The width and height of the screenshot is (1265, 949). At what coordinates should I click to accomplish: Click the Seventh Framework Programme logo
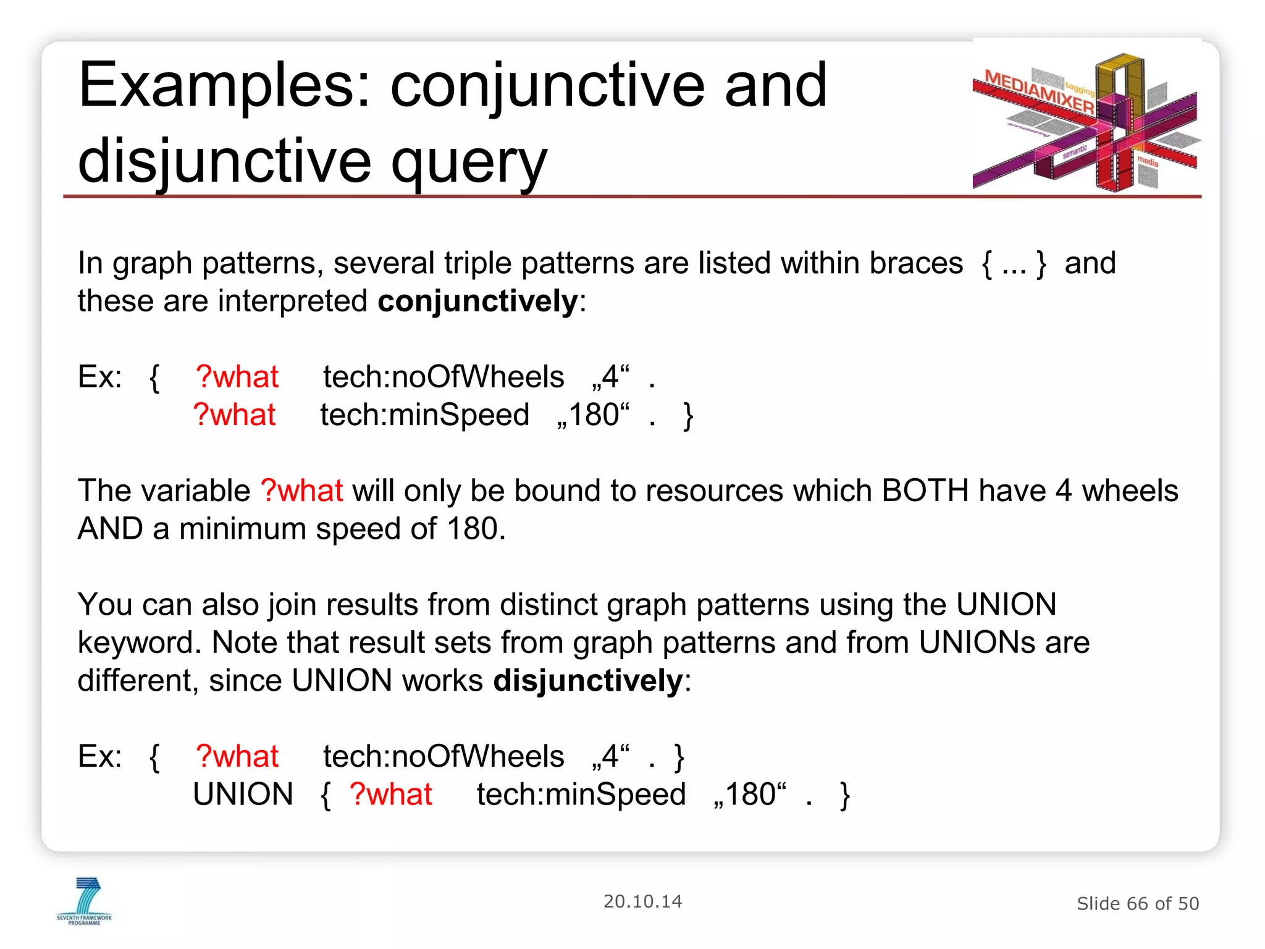[85, 901]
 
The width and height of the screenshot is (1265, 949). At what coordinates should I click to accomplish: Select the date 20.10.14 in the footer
[642, 901]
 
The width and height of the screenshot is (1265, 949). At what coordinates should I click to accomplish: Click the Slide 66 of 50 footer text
[1137, 904]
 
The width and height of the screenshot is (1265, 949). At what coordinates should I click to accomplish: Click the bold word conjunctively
[477, 302]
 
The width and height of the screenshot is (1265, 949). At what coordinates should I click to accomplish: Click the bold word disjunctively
[587, 681]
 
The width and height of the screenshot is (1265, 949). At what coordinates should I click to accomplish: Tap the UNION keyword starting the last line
[243, 795]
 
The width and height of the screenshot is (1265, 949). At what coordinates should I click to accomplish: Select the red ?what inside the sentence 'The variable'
[301, 491]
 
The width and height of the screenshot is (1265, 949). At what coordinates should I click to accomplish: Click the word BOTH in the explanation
[925, 491]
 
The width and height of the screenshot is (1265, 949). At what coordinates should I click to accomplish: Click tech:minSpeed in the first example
[424, 415]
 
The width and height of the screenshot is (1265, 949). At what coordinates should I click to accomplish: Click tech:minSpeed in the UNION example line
[581, 795]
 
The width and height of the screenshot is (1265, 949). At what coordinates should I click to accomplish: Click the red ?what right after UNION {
[390, 795]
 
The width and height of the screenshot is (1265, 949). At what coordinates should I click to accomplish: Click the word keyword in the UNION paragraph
[139, 643]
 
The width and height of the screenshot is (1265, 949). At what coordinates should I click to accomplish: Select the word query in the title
[469, 162]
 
